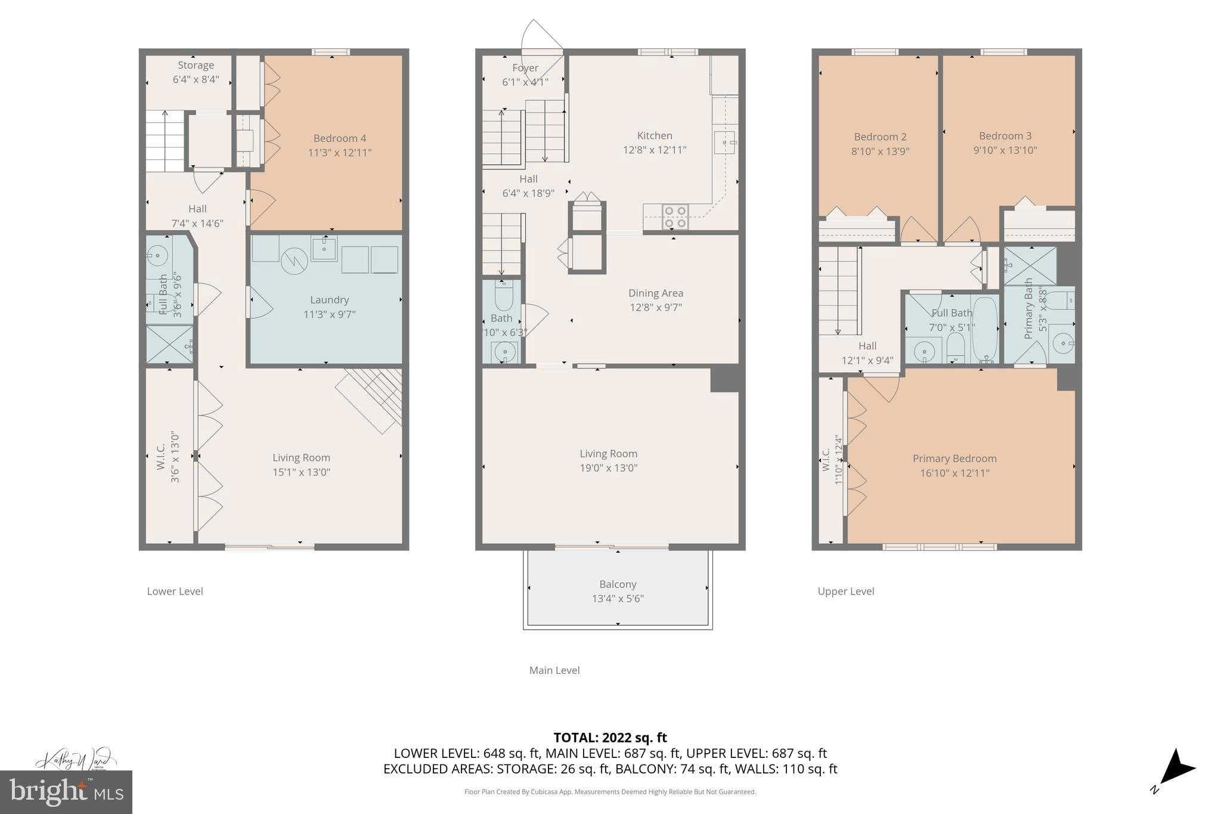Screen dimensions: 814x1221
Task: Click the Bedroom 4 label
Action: [340, 138]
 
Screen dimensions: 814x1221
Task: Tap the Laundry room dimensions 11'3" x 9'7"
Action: [329, 314]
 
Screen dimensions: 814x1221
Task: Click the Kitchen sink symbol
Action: [724, 143]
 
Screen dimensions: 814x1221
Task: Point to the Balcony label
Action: [618, 584]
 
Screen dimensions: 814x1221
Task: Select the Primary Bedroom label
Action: [955, 459]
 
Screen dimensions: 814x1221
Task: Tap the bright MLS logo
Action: [66, 792]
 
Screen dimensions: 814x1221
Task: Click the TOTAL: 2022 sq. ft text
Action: [610, 738]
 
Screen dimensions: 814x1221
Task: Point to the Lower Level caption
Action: [175, 591]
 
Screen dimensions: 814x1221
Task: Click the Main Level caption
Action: [554, 670]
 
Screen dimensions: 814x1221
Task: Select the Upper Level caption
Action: [845, 591]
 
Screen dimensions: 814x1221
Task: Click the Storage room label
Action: [196, 65]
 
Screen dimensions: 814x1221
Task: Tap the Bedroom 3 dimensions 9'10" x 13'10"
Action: [1005, 150]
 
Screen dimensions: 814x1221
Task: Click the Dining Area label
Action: [655, 293]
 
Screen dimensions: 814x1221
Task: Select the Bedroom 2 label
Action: [880, 137]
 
